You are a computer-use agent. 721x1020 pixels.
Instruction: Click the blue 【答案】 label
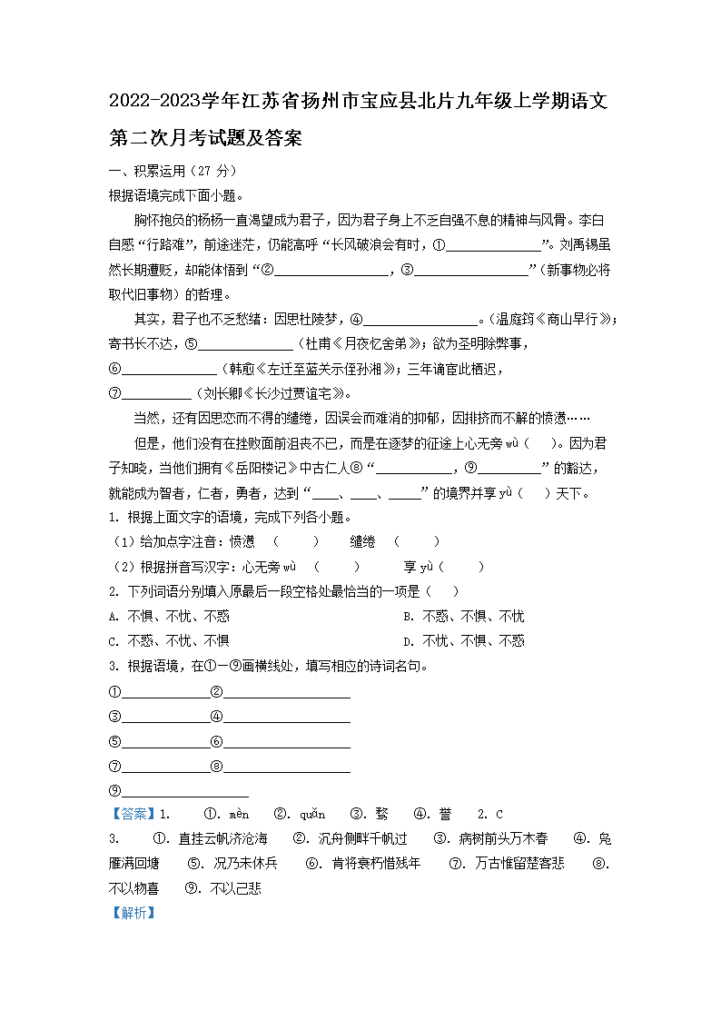[x=132, y=814]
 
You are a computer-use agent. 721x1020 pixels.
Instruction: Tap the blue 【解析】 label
[x=132, y=912]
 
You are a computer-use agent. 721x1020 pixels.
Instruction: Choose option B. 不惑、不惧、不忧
[x=464, y=617]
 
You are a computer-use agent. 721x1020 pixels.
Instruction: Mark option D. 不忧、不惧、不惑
[x=464, y=640]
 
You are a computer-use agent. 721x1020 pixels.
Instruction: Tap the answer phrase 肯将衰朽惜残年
[x=376, y=863]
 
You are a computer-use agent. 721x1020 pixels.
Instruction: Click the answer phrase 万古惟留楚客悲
[x=519, y=863]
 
